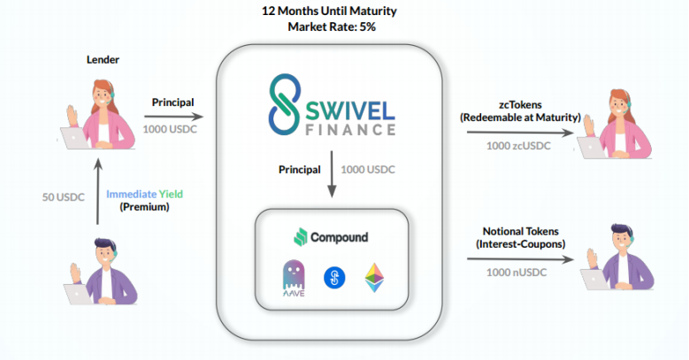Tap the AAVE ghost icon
click(294, 278)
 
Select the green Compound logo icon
click(301, 237)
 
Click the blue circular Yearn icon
click(334, 278)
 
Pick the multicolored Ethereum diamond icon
click(374, 278)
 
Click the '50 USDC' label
click(64, 197)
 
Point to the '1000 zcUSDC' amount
click(518, 146)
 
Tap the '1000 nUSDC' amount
click(517, 272)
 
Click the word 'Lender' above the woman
click(103, 59)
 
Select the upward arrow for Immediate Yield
click(98, 191)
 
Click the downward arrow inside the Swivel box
click(332, 174)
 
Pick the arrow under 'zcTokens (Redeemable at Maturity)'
click(520, 133)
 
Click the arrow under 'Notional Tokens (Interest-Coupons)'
click(520, 259)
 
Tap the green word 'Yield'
click(171, 194)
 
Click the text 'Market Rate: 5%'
click(332, 27)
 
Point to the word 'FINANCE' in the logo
click(350, 130)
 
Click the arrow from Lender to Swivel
click(174, 117)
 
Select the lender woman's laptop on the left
click(73, 138)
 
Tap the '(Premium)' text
click(144, 207)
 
